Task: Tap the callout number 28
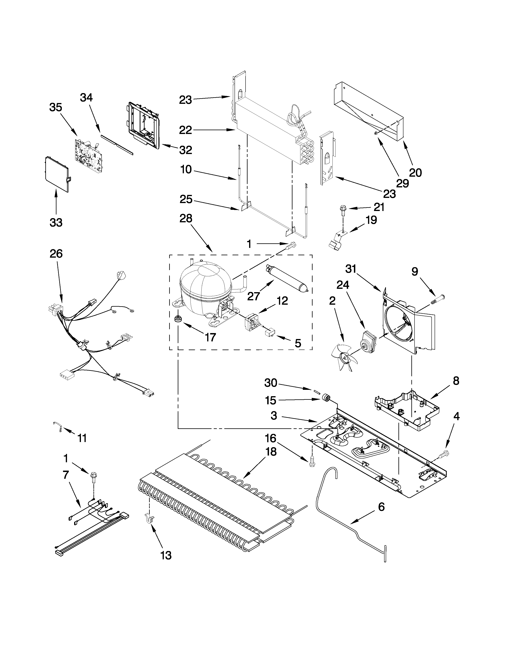point(186,218)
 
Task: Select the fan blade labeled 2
point(345,357)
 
